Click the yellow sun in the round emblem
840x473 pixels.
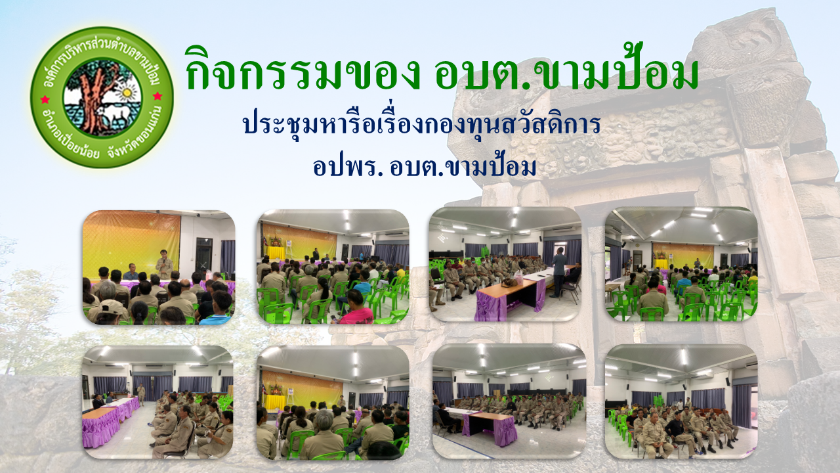point(126,92)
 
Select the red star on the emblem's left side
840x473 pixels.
point(45,99)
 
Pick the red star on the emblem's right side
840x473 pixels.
point(157,97)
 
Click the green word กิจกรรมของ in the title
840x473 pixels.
point(303,70)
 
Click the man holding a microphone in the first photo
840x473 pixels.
point(163,264)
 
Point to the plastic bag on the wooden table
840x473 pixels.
point(518,278)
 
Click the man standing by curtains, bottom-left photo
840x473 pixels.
point(141,394)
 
